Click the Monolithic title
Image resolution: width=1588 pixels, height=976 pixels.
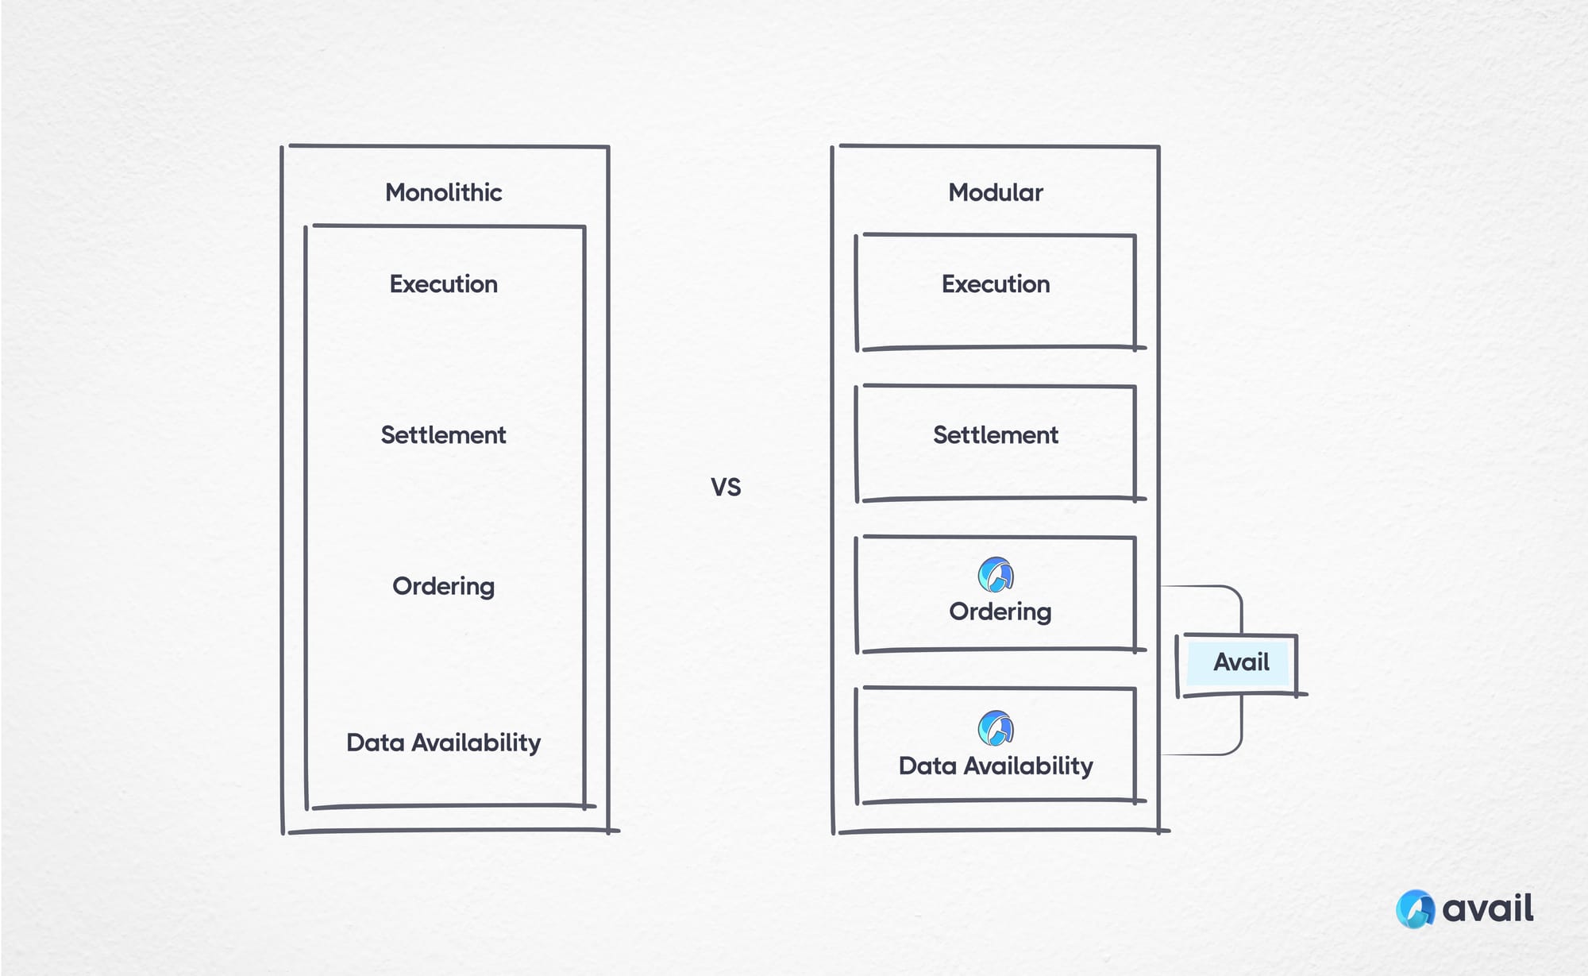443,192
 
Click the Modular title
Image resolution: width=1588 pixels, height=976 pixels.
995,192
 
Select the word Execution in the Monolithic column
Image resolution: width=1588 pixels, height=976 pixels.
443,284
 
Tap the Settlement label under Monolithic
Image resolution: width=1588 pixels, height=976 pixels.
443,434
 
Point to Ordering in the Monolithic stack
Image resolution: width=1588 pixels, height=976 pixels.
443,586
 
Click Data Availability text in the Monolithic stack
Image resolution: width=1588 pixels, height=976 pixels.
443,743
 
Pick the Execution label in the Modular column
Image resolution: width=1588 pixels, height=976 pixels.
995,284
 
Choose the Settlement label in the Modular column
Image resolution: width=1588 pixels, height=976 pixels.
995,434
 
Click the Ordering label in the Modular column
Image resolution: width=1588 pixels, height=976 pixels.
1000,611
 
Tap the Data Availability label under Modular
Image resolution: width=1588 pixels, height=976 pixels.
995,766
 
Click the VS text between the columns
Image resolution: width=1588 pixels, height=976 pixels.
725,487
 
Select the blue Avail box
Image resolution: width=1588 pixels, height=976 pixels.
1240,662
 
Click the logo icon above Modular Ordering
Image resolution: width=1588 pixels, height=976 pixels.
995,574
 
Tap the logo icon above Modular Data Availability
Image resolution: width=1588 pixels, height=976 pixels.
995,727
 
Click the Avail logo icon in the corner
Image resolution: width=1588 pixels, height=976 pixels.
1415,908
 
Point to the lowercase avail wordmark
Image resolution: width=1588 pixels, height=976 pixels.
1487,908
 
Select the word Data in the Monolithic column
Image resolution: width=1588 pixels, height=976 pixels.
375,743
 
